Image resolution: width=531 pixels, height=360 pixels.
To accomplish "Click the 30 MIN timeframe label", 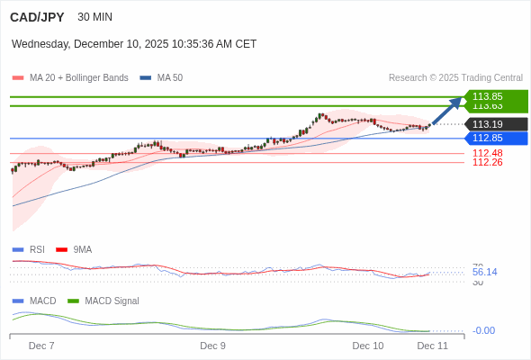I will point(95,17).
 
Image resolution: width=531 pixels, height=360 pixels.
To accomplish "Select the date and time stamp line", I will point(134,43).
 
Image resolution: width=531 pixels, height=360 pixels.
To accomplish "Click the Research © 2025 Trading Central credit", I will point(455,77).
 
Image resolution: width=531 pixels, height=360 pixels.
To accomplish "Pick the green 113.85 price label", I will point(488,96).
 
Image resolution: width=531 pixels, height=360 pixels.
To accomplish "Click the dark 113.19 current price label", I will point(488,124).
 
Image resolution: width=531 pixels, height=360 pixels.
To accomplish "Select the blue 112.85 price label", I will point(488,138).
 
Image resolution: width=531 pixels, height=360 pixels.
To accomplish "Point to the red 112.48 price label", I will point(488,153).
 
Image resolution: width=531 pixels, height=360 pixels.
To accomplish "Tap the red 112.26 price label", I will point(488,162).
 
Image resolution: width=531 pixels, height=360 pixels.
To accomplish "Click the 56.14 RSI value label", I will point(484,272).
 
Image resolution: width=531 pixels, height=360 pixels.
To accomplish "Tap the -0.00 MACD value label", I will point(484,330).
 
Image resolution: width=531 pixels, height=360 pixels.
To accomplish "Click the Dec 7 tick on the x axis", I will point(41,346).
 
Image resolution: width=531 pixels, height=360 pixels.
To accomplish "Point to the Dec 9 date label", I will point(212,346).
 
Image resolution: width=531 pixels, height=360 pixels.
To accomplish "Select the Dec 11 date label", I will point(432,346).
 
